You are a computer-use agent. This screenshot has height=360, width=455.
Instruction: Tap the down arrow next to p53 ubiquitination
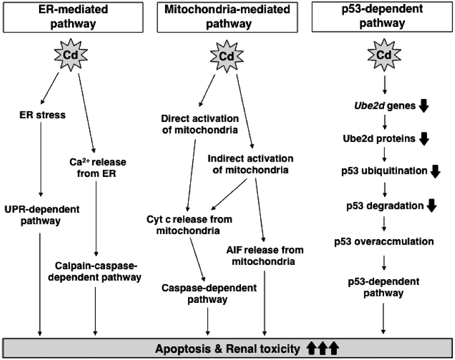click(x=435, y=171)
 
